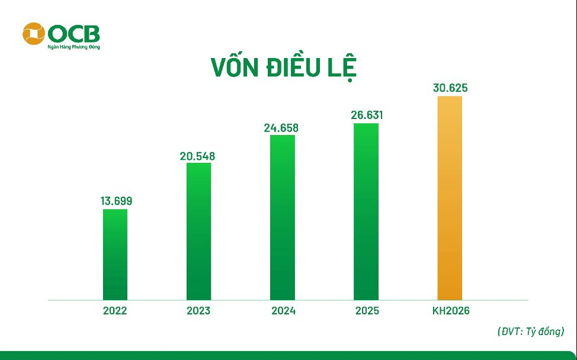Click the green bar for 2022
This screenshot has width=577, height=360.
(115, 255)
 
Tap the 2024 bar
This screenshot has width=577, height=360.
(282, 217)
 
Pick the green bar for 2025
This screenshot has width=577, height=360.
(366, 211)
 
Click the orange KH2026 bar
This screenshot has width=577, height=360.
(450, 198)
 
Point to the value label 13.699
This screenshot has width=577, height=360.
(116, 201)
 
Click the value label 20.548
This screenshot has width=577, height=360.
(198, 157)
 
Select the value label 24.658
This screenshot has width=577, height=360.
(281, 127)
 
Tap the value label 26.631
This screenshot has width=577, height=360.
(367, 115)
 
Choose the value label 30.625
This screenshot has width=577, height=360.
(450, 88)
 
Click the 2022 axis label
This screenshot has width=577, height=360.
(115, 311)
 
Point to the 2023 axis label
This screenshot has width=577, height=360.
(198, 311)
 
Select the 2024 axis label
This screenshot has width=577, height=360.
(282, 311)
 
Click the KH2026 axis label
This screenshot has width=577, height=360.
(450, 311)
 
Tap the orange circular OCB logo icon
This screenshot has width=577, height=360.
(33, 34)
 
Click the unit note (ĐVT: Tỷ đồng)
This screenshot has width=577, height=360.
(530, 332)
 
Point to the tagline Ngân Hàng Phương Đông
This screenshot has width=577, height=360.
(73, 46)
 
